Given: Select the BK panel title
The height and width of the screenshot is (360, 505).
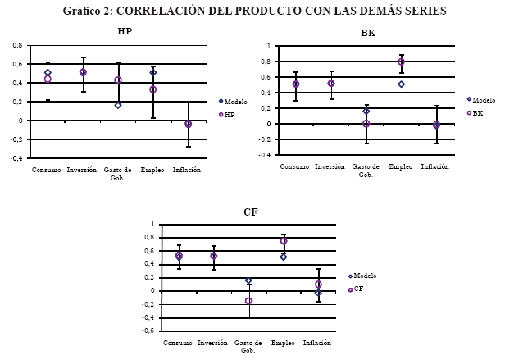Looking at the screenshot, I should pyautogui.click(x=368, y=34).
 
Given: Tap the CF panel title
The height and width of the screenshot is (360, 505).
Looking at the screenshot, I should pyautogui.click(x=251, y=212).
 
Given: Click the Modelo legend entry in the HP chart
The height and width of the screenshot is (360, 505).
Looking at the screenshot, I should pyautogui.click(x=234, y=101).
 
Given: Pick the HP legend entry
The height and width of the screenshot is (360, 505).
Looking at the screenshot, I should pyautogui.click(x=230, y=114).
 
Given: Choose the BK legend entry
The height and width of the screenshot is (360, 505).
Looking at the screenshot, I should pyautogui.click(x=477, y=113).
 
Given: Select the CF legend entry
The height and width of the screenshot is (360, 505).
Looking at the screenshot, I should pyautogui.click(x=359, y=289).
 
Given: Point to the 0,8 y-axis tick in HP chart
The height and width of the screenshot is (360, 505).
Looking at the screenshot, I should pyautogui.click(x=17, y=44).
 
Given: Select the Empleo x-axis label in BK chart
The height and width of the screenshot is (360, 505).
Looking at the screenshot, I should pyautogui.click(x=400, y=166).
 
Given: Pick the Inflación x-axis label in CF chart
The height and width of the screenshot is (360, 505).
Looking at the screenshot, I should pyautogui.click(x=318, y=343).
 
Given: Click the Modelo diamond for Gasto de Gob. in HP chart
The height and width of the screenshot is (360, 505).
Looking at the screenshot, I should pyautogui.click(x=118, y=105).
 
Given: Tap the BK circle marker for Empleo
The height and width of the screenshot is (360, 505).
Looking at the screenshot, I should pyautogui.click(x=401, y=62).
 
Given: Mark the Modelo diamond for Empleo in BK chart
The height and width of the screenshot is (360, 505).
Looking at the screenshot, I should pyautogui.click(x=401, y=84).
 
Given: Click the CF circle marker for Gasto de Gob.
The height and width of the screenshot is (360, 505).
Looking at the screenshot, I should pyautogui.click(x=248, y=301).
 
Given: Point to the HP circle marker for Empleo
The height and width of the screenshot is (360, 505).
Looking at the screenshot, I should pyautogui.click(x=153, y=89).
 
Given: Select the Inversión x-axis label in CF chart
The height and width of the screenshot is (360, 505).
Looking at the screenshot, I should pyautogui.click(x=213, y=343).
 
